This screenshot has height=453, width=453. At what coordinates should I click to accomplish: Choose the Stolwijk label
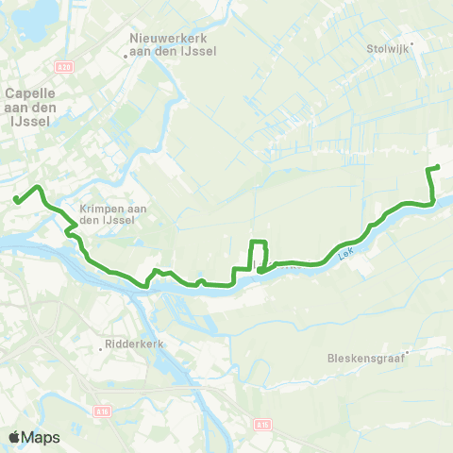[x=386, y=43]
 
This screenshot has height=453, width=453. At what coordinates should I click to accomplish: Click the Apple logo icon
[x=15, y=437]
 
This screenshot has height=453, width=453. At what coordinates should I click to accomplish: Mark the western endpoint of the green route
[x=16, y=198]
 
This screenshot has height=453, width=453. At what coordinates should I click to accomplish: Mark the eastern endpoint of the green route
[x=438, y=167]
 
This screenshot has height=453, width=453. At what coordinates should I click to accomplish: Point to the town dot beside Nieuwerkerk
[x=127, y=55]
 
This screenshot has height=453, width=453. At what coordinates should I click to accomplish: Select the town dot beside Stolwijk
[x=411, y=43]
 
